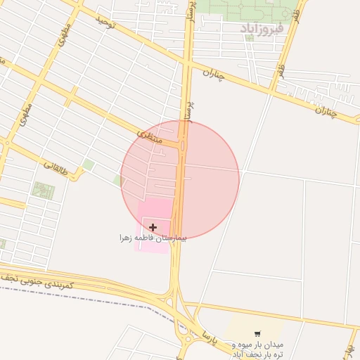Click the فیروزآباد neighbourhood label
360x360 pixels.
point(261,28)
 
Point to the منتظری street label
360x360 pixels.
point(148,135)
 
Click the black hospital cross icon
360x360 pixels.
point(153,227)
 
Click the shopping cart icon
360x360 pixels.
point(257,333)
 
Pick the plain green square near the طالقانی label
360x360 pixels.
point(88,165)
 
